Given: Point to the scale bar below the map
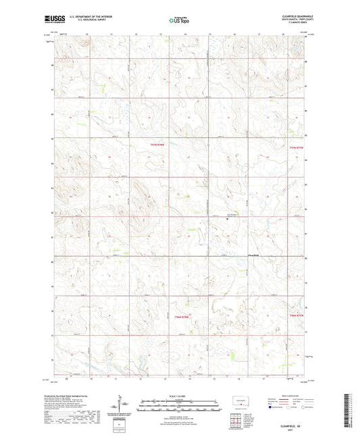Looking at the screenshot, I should (x=180, y=407).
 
